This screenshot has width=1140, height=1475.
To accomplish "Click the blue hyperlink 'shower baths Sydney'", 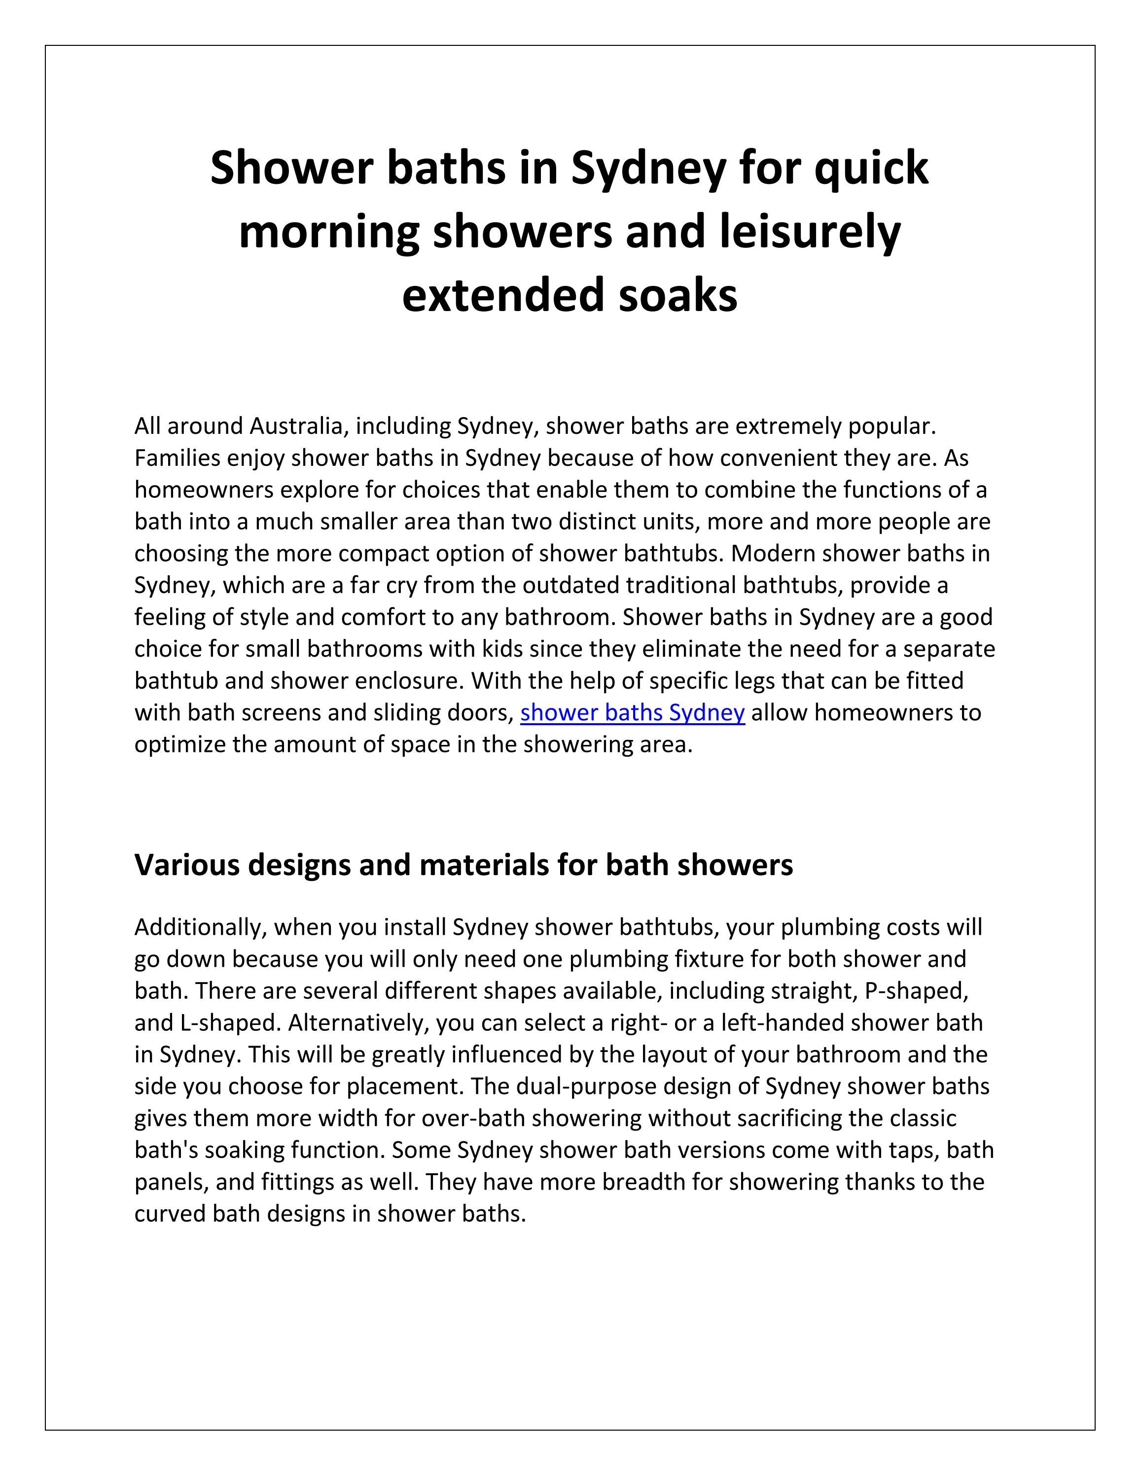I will (632, 712).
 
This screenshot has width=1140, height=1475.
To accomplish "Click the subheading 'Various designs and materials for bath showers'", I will (463, 865).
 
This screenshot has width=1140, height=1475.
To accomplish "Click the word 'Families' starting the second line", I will (177, 458).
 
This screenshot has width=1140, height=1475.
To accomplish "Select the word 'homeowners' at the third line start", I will (203, 490).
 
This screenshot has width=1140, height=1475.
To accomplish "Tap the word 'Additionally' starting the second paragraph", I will (200, 927).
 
